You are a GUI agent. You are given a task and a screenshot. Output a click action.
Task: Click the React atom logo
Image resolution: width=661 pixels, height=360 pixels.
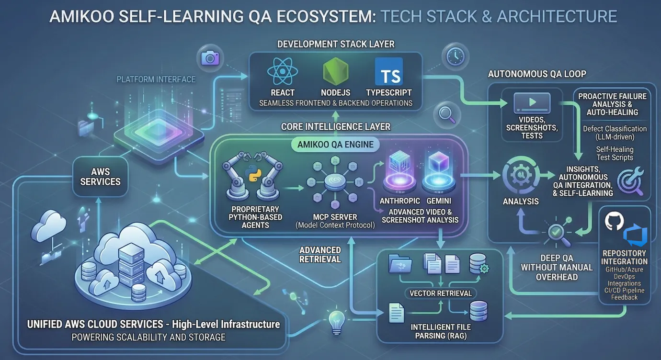pos(283,71)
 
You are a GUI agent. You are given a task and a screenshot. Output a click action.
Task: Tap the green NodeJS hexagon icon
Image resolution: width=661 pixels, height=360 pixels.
pos(335,72)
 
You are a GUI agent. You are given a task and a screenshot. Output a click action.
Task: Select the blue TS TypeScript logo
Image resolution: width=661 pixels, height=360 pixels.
pos(388,71)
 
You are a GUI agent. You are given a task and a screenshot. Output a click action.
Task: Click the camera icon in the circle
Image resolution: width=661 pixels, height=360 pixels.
pos(210,58)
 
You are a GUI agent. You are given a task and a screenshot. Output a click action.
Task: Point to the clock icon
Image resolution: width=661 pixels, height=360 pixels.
pos(456,56)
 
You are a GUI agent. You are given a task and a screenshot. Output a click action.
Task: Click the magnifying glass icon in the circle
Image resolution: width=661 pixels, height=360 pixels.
pos(447,114)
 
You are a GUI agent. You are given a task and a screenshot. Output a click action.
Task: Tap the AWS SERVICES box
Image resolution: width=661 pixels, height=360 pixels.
pos(100,177)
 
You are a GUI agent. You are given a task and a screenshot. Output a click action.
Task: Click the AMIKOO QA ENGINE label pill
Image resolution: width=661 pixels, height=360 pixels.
pos(335,145)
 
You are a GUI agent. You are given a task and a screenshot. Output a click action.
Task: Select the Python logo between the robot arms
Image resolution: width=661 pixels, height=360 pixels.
pos(253,173)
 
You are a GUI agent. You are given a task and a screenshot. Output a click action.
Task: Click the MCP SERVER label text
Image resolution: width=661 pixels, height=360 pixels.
pos(335,217)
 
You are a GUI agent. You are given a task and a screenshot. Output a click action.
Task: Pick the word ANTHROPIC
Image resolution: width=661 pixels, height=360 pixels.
pos(399,201)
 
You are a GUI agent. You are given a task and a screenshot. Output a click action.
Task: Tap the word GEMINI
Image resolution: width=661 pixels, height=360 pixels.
pos(438,201)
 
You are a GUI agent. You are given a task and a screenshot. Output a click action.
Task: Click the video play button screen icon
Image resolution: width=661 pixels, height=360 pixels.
pos(532,102)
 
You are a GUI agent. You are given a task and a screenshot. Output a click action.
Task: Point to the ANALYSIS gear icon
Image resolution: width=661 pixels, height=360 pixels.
pos(521,176)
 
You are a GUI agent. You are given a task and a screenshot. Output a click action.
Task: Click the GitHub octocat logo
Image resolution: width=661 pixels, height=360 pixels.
pos(614,221)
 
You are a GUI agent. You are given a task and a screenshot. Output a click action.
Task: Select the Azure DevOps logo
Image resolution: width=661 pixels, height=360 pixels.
pos(635,235)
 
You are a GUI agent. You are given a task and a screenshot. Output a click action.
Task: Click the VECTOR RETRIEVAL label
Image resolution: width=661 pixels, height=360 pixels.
pos(441,293)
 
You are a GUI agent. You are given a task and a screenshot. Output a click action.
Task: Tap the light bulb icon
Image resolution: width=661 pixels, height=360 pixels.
pos(337,323)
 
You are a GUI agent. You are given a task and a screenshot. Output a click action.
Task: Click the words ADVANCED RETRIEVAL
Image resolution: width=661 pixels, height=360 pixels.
pos(320,255)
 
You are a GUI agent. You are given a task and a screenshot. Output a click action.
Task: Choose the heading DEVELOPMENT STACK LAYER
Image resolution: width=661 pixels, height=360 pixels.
pos(336,44)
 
